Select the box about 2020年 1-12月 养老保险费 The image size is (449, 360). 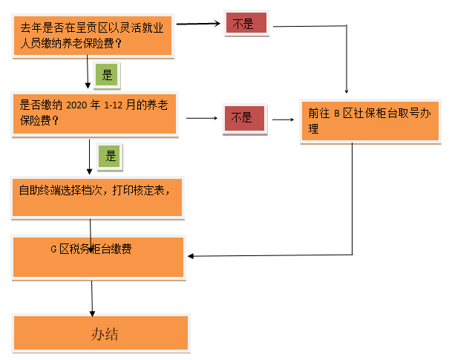(x=94, y=113)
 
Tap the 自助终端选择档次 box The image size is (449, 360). (x=96, y=197)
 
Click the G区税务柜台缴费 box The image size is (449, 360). (x=99, y=257)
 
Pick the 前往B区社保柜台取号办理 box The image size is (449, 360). (x=369, y=121)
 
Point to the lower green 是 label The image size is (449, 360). (x=111, y=157)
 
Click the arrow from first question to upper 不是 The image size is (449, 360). (x=200, y=24)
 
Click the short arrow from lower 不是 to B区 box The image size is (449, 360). (x=283, y=119)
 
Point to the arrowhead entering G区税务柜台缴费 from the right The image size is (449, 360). (x=192, y=256)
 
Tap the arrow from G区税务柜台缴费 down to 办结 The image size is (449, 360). (x=92, y=297)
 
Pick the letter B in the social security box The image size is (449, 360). (x=335, y=114)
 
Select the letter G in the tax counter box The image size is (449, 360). (x=53, y=249)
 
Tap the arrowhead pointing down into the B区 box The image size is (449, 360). (x=346, y=93)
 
